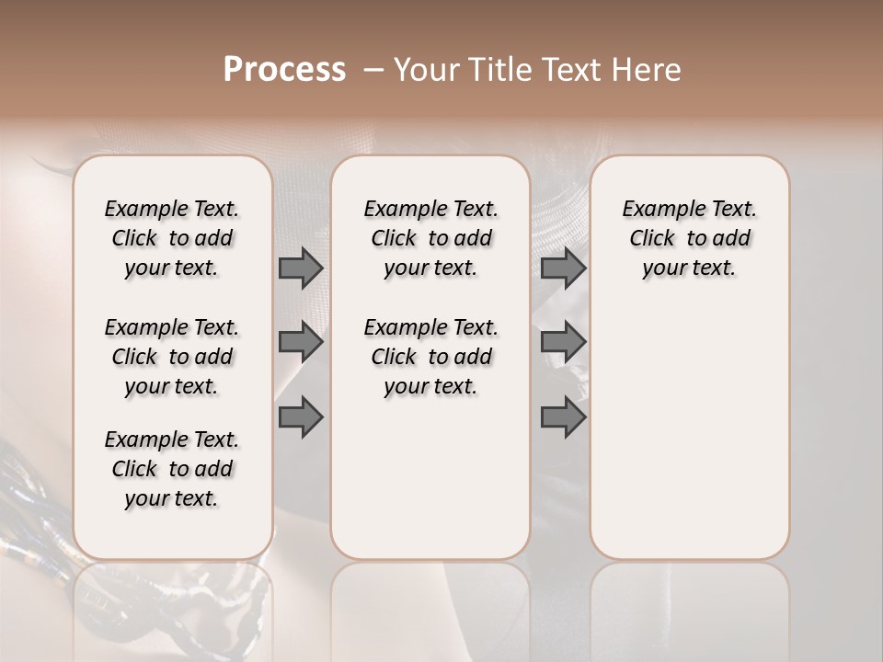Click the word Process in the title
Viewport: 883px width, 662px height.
point(284,70)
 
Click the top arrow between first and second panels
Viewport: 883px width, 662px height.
point(301,268)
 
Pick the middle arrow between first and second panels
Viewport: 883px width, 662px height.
point(301,342)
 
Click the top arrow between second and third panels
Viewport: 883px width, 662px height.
point(563,268)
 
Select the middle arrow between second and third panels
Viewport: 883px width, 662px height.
point(563,342)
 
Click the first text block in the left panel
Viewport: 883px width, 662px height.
point(172,238)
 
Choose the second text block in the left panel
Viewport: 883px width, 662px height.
point(172,357)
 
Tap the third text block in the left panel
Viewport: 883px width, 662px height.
point(172,469)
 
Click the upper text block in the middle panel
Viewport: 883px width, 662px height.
point(430,238)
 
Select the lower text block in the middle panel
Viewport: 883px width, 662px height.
point(430,357)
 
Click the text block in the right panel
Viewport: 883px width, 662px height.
point(689,238)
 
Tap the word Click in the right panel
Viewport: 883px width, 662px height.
point(652,239)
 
